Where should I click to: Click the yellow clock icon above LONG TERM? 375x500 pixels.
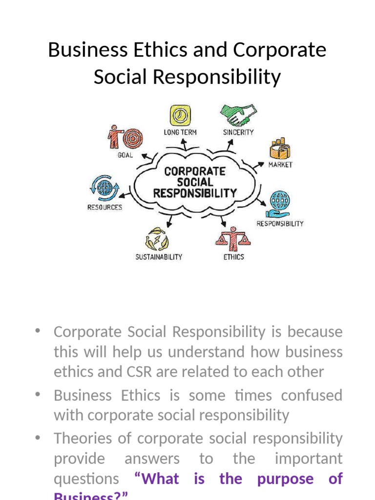click(180, 115)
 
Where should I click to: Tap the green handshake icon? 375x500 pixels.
click(238, 115)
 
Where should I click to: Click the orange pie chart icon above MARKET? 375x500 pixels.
click(280, 148)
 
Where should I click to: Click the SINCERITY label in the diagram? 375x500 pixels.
click(238, 132)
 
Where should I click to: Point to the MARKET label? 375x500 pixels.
click(280, 165)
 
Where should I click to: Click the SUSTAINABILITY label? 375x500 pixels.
click(158, 257)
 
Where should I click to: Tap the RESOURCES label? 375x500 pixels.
click(104, 207)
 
